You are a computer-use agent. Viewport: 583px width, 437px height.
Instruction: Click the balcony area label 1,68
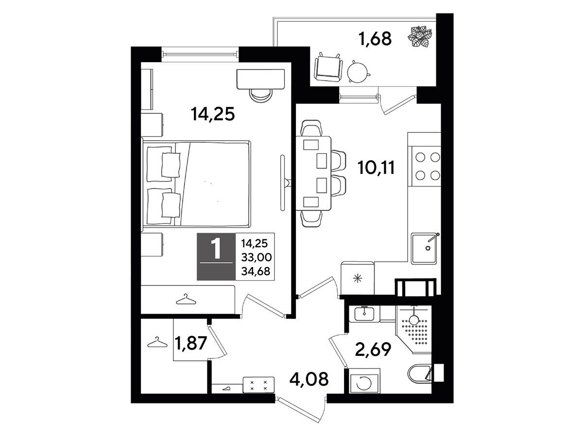click(375, 39)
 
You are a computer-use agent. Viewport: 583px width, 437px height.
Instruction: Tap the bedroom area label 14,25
click(213, 114)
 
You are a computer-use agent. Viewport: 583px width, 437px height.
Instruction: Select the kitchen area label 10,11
click(376, 168)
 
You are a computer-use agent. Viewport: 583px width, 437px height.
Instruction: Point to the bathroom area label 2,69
click(373, 349)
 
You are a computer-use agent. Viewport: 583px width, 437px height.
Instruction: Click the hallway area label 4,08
click(309, 379)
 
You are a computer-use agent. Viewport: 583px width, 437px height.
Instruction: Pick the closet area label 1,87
click(191, 343)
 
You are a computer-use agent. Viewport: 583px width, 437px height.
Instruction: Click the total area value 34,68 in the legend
click(256, 271)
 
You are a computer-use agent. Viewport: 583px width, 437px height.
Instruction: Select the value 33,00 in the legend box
click(257, 257)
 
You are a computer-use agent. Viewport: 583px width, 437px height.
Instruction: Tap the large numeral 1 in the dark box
click(217, 248)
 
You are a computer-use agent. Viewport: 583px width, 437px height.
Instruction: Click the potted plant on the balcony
click(420, 36)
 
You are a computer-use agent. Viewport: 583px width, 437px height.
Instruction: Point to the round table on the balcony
click(358, 72)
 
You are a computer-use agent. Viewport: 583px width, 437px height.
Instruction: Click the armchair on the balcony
click(328, 67)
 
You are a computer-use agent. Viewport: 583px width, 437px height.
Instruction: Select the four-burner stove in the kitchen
click(426, 167)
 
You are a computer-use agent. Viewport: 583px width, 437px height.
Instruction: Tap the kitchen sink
click(425, 248)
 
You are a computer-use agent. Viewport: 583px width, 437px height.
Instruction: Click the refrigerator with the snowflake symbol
click(357, 278)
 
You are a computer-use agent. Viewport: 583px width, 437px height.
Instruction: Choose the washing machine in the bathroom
click(364, 381)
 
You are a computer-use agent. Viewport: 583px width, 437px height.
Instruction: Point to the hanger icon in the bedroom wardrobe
click(186, 299)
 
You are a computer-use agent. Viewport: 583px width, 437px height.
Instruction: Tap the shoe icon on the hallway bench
click(226, 389)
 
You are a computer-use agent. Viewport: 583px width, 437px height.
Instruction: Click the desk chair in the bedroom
click(261, 96)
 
